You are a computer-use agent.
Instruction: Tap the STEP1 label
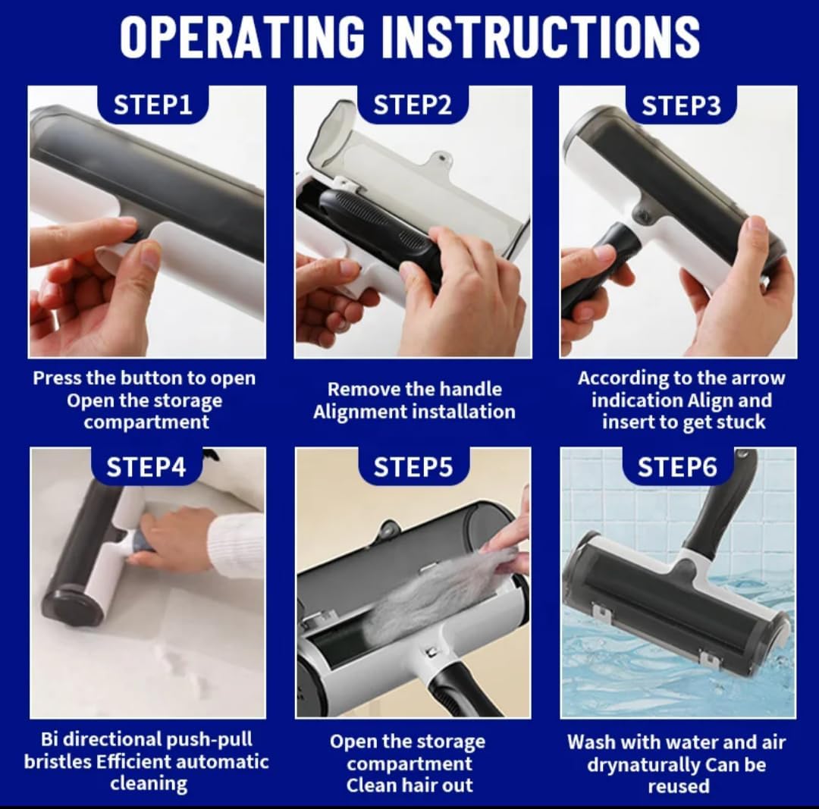tap(153, 105)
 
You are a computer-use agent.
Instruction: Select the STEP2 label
tap(413, 105)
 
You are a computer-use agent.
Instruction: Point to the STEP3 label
tap(682, 105)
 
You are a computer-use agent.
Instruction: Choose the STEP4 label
tap(146, 467)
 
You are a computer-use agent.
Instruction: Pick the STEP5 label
tap(413, 467)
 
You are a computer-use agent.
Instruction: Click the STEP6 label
tap(677, 467)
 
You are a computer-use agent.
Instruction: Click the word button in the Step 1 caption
tap(168, 378)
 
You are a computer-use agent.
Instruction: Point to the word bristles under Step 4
tap(58, 761)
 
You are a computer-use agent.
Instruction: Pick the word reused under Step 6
tap(679, 786)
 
